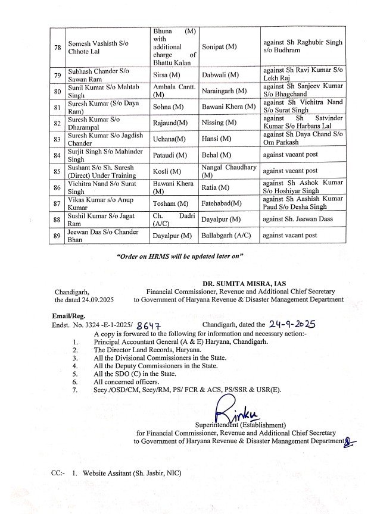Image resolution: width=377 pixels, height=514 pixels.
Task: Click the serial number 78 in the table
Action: click(x=57, y=48)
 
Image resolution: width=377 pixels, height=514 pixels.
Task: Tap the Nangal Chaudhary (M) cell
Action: click(x=229, y=171)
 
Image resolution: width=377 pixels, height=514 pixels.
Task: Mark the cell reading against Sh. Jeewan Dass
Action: click(x=298, y=219)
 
